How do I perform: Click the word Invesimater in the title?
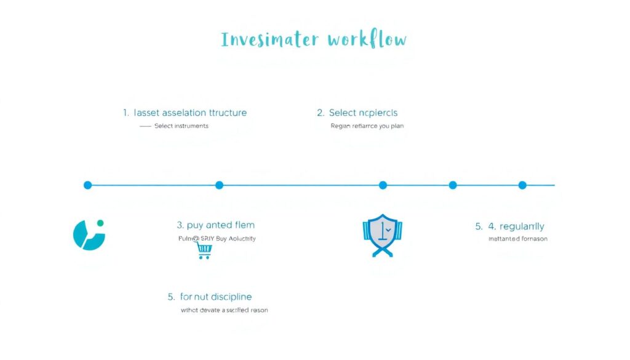coord(269,40)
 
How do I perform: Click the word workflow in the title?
coord(367,40)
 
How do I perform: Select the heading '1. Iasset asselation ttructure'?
coord(185,113)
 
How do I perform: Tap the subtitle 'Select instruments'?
coord(181,126)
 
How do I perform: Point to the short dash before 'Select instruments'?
coord(145,126)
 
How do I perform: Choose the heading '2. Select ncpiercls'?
coord(357,113)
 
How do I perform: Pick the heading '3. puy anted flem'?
coord(215,225)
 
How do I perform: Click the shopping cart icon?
coord(204,250)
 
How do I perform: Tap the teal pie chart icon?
coord(89,235)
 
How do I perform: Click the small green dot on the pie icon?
coord(100,223)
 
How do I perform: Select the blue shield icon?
coord(381,235)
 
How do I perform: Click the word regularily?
coord(522,226)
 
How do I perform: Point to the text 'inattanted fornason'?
coord(517,239)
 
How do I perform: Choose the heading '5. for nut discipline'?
coord(209,297)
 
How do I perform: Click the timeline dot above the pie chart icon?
coord(87,185)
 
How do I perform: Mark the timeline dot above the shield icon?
coord(383,185)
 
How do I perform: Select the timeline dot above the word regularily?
coord(522,185)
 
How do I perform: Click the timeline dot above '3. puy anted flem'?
coord(219,185)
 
